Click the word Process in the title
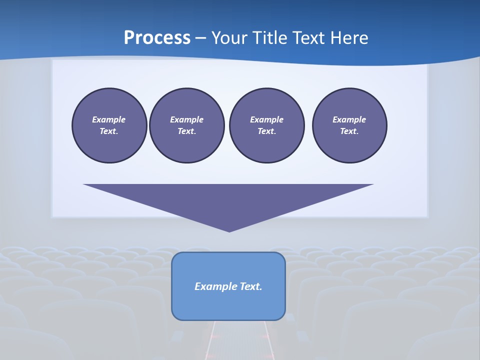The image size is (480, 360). (157, 38)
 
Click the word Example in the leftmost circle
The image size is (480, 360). (109, 119)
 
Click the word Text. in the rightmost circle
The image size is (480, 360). (349, 131)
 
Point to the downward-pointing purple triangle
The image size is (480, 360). (228, 200)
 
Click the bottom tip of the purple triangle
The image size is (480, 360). (229, 230)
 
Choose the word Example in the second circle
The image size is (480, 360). (186, 119)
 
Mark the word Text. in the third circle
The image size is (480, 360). (266, 131)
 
